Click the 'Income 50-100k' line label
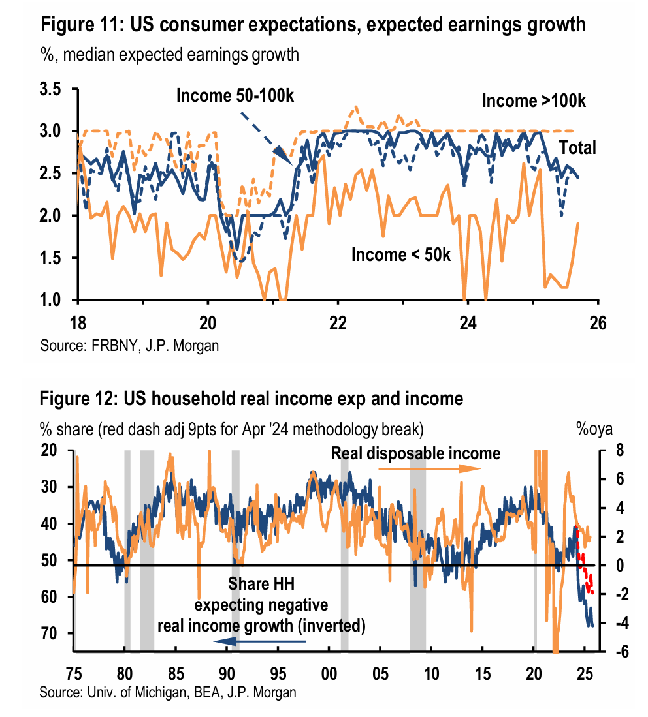point(235,95)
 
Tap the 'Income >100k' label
point(534,101)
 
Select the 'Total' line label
point(577,147)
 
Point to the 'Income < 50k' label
point(401,254)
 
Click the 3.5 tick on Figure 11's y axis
point(56,90)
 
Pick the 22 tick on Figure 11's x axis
point(337,322)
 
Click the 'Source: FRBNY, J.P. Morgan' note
point(129,346)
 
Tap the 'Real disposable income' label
point(415,453)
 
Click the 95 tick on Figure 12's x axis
point(278,671)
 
